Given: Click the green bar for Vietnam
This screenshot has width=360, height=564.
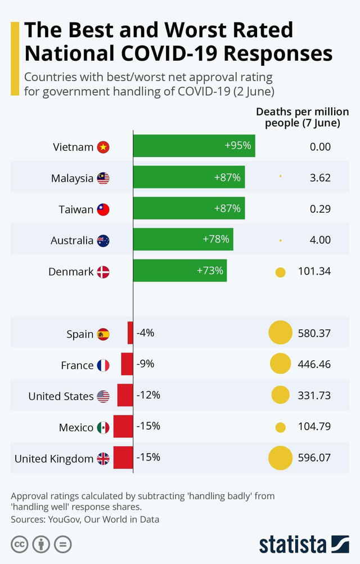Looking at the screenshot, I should (194, 146).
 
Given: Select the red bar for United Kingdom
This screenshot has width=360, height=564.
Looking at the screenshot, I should (123, 458).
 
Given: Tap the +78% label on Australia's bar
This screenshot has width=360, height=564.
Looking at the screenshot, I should (215, 239).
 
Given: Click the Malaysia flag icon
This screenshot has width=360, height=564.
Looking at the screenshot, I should (103, 178).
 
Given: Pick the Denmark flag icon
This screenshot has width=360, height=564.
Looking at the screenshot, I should (103, 272).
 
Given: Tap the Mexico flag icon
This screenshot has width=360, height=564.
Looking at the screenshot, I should (103, 428).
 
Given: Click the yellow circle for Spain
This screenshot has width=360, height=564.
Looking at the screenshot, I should (281, 333).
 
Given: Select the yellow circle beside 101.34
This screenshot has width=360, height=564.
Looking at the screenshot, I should (280, 272).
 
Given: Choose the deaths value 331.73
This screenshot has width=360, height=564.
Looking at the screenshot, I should (314, 396).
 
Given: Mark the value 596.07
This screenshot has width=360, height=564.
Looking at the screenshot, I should (314, 458).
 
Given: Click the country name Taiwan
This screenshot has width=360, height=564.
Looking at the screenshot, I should (76, 209).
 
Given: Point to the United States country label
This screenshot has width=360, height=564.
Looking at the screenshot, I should (61, 396).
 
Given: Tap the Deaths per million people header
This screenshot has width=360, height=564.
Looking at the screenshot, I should (303, 117).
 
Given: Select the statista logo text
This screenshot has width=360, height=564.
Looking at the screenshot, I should (292, 544).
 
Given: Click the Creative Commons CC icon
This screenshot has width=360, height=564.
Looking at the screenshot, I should (19, 544).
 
